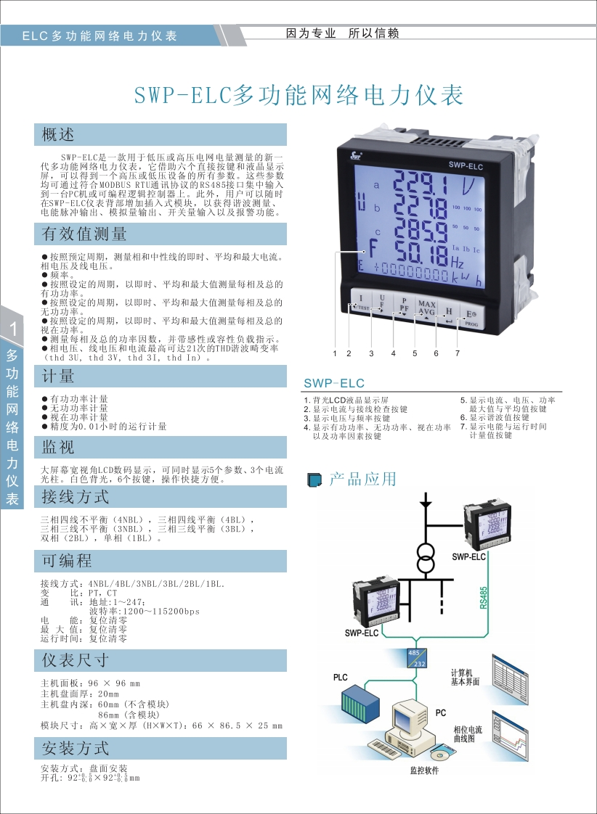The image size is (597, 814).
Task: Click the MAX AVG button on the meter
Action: [x=426, y=308]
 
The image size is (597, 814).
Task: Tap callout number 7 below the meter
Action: [x=458, y=353]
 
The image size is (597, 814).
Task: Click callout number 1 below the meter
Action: [x=335, y=353]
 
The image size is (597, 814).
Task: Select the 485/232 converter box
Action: [x=416, y=657]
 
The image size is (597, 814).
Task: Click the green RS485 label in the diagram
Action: [x=484, y=598]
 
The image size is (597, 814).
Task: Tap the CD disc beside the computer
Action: [x=442, y=750]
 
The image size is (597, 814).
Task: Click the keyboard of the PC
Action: [x=392, y=744]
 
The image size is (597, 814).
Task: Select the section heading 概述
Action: [x=58, y=134]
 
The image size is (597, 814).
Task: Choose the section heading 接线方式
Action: [x=75, y=497]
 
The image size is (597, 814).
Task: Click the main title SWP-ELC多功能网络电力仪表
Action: [x=299, y=95]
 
